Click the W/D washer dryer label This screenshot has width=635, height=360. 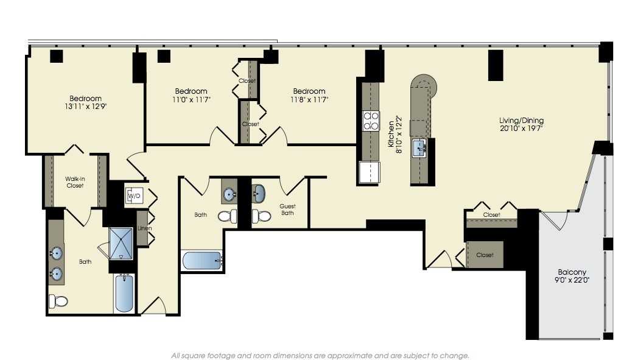(x=133, y=196)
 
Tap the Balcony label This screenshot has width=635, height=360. (x=572, y=272)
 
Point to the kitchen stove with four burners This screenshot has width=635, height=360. (x=371, y=121)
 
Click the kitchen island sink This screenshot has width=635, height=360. (x=420, y=147)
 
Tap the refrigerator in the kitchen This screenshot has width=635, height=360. (x=370, y=172)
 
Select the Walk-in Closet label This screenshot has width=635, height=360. (x=75, y=182)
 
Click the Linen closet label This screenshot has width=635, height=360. (x=144, y=228)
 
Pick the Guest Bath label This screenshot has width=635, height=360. (x=287, y=210)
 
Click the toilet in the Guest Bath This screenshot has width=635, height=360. (x=261, y=216)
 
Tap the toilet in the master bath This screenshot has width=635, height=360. (x=58, y=300)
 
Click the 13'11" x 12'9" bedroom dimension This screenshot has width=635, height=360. (x=86, y=106)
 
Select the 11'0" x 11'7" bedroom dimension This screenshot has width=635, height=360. (x=191, y=99)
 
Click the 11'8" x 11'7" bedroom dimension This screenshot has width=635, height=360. (x=309, y=99)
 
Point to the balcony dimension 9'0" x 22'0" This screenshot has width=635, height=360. (x=572, y=280)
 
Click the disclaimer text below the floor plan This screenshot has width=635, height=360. (x=320, y=355)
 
